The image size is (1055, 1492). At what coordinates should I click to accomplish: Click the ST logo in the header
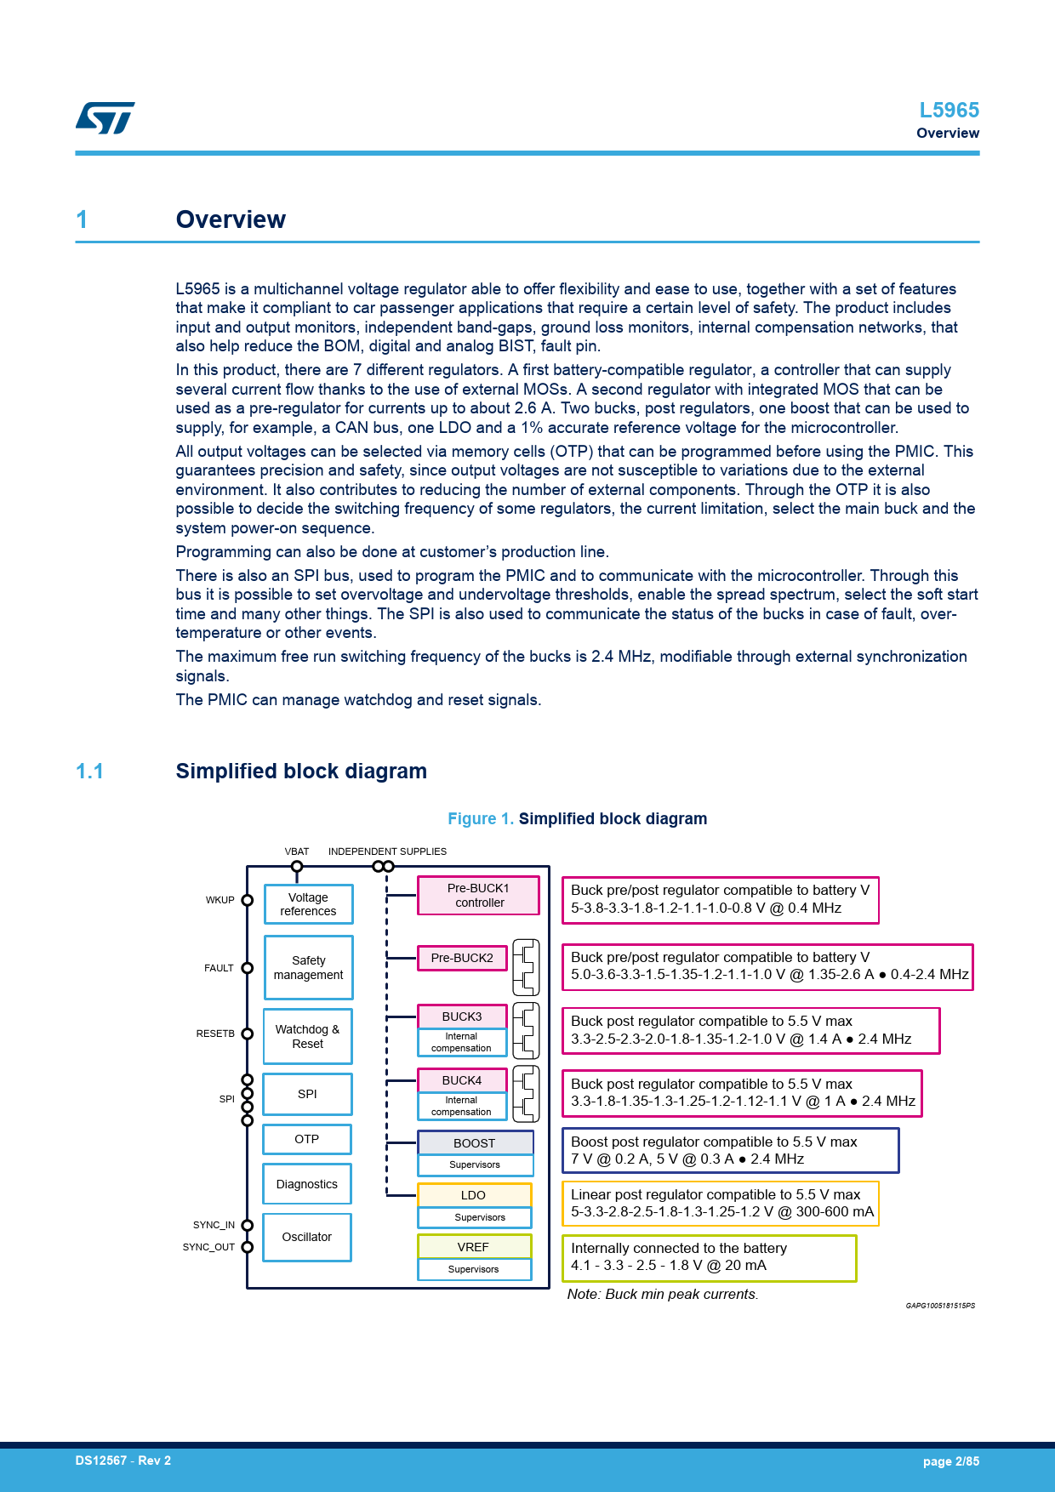[105, 118]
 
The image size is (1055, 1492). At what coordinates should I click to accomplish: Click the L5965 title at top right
[949, 111]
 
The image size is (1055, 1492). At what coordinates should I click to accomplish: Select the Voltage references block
[308, 904]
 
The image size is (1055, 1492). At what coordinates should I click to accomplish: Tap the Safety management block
[308, 968]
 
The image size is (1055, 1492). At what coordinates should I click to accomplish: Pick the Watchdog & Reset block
[307, 1036]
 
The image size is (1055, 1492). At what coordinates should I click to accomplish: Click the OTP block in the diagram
[306, 1139]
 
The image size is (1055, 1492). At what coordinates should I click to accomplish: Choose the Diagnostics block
[306, 1184]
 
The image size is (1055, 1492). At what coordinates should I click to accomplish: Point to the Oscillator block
[306, 1237]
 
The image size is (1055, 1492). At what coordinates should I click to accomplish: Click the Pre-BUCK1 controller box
[478, 896]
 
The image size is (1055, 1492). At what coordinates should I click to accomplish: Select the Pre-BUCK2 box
[462, 958]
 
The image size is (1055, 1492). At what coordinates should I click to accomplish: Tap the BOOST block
[475, 1143]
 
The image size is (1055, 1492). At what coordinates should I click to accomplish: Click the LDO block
[474, 1195]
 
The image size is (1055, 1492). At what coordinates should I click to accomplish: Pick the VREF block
[474, 1247]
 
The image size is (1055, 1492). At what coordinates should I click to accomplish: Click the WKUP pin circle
[248, 900]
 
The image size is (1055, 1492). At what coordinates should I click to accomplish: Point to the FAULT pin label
[219, 968]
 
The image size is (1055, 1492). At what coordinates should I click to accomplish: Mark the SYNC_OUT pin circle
[248, 1247]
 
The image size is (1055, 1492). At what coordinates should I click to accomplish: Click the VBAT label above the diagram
[297, 851]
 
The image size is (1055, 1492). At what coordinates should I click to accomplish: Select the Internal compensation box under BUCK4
[461, 1106]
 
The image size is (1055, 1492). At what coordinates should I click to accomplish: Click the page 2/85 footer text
[950, 1461]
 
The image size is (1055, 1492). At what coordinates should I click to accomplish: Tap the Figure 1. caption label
[481, 818]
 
